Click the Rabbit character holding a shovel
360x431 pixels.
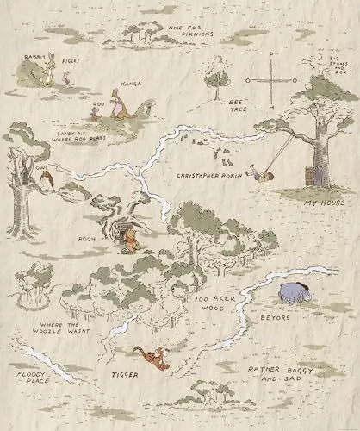(x=45, y=74)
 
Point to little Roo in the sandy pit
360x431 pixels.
(x=96, y=111)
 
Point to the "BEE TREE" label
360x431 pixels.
(x=239, y=105)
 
